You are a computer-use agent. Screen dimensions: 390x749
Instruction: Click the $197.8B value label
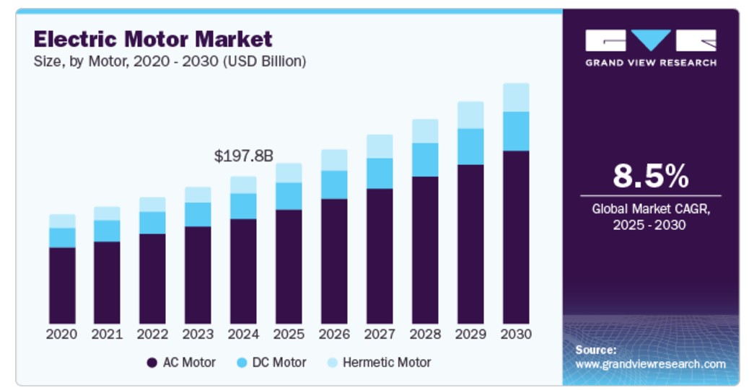(x=244, y=156)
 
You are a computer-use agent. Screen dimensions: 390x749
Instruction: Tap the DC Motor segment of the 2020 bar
(x=62, y=238)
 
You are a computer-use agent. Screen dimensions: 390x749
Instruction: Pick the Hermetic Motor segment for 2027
(x=380, y=146)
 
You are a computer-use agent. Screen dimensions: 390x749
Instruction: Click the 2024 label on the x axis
(x=244, y=334)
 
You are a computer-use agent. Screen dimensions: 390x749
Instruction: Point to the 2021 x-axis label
(x=107, y=334)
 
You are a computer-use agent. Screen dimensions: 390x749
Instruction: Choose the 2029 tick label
(x=470, y=334)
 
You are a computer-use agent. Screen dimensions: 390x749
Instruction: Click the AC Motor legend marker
(x=152, y=363)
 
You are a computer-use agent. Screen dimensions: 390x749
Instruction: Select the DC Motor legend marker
(x=242, y=363)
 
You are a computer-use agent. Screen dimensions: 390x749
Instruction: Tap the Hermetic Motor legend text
(x=386, y=363)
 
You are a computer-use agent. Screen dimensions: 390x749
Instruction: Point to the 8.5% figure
(x=650, y=175)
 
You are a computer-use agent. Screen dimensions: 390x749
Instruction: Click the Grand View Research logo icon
(x=650, y=40)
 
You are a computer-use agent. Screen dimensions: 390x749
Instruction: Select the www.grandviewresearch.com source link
(x=650, y=364)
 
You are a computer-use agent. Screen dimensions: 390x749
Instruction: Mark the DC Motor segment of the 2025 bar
(x=289, y=196)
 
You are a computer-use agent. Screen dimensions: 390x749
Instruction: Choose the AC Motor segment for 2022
(x=152, y=278)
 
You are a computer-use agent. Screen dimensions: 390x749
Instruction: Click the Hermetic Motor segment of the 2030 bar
(x=516, y=97)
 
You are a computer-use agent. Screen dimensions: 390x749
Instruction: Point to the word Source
(x=595, y=350)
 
